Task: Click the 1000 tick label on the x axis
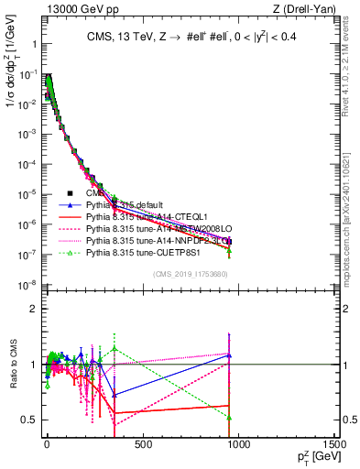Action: point(238,445)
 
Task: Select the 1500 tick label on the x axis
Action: point(334,445)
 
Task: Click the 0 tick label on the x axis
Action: point(47,445)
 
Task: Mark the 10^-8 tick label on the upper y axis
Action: point(26,286)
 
